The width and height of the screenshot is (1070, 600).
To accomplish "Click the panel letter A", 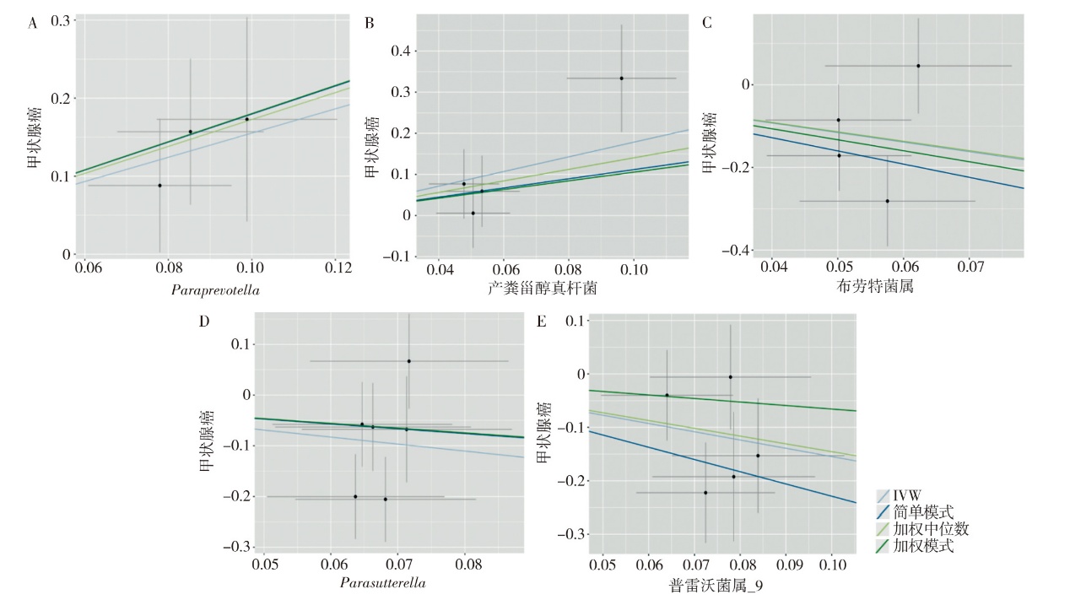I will point(33,24).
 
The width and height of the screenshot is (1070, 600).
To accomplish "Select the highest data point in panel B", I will point(621,78).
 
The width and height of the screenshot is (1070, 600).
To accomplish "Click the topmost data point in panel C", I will point(918,66).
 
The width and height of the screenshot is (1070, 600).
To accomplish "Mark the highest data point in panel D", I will point(408,361).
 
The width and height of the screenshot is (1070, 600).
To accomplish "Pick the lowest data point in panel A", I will point(159,185).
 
